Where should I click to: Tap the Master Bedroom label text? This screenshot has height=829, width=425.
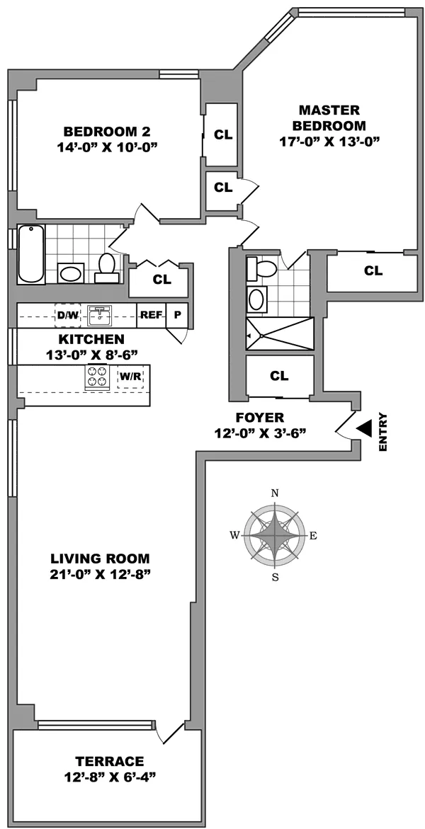(329, 118)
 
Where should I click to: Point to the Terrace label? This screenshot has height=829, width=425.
(110, 761)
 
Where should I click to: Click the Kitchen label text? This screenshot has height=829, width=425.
(91, 339)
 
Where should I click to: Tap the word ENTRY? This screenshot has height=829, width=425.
(383, 432)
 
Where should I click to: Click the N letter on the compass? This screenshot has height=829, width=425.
(275, 493)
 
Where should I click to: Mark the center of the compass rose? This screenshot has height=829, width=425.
(275, 535)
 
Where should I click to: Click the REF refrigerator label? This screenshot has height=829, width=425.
(151, 315)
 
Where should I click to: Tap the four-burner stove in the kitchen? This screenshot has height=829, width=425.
(98, 377)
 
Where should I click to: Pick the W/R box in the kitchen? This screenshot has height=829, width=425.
(130, 377)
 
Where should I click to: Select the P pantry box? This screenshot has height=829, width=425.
(176, 315)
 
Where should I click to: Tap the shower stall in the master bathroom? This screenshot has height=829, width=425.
(279, 334)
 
